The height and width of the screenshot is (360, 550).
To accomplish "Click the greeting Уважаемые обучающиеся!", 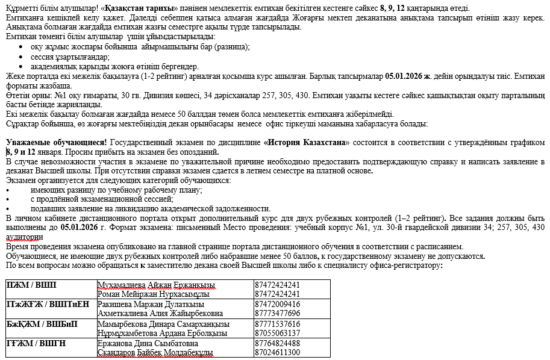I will tap(56, 143).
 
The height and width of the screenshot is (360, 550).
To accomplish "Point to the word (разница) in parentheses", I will tap(232, 46).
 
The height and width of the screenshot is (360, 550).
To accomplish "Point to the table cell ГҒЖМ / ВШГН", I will tap(36, 343).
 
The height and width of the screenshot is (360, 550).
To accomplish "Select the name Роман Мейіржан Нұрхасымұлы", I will tap(153, 294).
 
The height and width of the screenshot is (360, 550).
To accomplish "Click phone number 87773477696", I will tap(278, 314).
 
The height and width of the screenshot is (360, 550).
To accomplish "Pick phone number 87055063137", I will tap(278, 333).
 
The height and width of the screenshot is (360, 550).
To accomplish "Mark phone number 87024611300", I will tap(278, 352).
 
